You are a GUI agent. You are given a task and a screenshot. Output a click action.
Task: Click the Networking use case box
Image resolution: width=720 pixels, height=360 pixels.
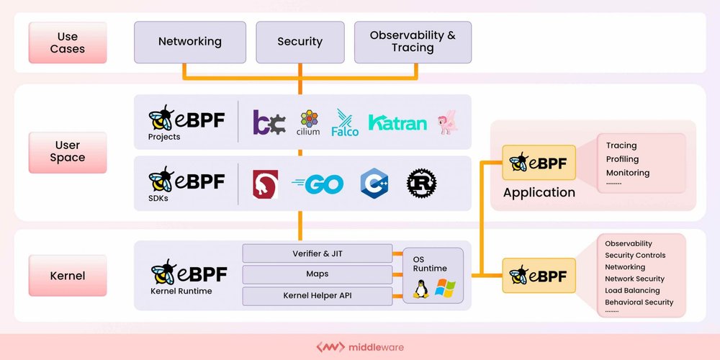click(190, 42)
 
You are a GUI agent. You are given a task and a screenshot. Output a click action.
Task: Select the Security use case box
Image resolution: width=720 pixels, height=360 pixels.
click(300, 42)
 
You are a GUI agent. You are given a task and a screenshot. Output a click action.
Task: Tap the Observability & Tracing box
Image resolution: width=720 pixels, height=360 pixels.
click(413, 42)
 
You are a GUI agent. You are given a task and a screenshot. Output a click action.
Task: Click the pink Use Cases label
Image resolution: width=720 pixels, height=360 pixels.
click(68, 42)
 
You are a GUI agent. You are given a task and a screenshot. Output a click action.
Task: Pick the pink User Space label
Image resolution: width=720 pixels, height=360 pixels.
click(68, 152)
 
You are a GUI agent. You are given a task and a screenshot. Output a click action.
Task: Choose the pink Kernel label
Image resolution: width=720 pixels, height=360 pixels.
click(68, 276)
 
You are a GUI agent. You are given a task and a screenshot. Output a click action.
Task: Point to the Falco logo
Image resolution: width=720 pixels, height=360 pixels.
click(345, 122)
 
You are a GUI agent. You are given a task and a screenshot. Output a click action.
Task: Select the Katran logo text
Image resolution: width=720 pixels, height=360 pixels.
click(397, 122)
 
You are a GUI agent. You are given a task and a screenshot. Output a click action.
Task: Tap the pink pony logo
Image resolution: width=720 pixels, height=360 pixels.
click(447, 121)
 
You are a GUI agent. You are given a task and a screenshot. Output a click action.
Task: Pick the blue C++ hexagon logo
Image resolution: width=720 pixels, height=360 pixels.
click(374, 184)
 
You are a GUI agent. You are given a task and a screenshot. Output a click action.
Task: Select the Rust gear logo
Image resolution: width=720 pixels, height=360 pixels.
click(422, 184)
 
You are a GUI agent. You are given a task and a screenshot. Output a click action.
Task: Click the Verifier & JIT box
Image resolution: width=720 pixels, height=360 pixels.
click(317, 253)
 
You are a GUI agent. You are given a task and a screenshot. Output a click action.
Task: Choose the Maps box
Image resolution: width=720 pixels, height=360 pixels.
click(317, 274)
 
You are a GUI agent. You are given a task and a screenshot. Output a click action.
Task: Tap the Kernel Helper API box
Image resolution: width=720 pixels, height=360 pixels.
click(317, 296)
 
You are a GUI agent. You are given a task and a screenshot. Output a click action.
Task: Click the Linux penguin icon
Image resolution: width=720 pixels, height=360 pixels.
click(421, 289)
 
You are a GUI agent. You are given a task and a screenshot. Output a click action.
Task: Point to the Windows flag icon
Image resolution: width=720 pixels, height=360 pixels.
click(445, 289)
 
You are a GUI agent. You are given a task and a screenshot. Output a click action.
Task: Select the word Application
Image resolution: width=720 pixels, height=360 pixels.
click(539, 192)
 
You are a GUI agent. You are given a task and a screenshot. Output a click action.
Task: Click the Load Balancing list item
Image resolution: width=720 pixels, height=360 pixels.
click(631, 290)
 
